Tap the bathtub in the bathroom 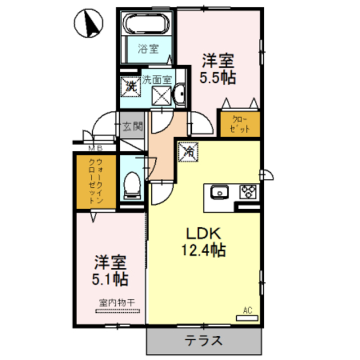pos(147,24)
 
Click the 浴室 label pos(148,48)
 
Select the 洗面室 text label pos(157,79)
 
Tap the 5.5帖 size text pos(218,76)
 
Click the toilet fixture pos(132,185)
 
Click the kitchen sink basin pos(219,192)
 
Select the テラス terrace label pos(205,340)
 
